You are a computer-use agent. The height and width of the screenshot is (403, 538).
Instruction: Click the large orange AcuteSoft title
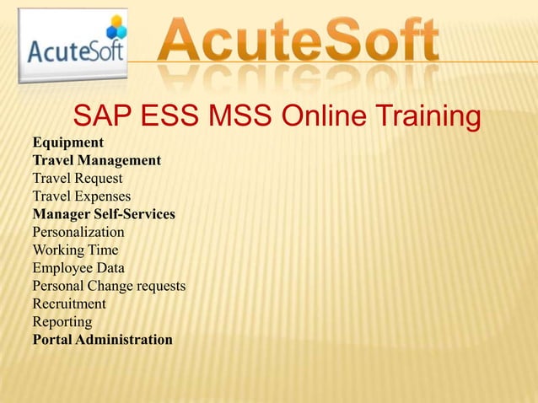point(299,40)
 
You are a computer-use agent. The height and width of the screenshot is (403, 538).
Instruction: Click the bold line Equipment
point(67,142)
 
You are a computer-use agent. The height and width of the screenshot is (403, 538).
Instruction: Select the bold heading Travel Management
point(96,160)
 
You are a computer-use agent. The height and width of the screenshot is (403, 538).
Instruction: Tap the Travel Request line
point(77,178)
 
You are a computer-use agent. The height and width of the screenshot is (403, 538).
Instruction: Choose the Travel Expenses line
point(81,196)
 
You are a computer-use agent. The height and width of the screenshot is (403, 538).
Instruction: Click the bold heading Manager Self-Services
point(104,214)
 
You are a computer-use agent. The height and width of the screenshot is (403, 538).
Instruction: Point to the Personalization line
point(78,232)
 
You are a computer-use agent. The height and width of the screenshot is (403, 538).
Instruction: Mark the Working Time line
point(75,250)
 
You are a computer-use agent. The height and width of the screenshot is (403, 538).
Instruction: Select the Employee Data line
point(78,268)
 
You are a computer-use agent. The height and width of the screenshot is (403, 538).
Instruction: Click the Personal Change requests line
point(109,286)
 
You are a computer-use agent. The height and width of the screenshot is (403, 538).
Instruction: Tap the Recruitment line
point(69,304)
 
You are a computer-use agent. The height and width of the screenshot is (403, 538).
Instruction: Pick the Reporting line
point(62,321)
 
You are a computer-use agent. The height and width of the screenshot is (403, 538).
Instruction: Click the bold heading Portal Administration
point(102,340)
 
